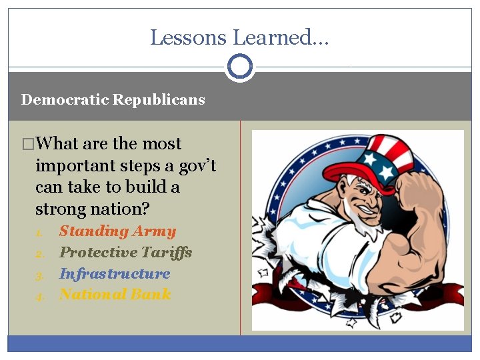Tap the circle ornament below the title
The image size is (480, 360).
tap(240, 67)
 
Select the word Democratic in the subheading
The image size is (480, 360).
tap(65, 100)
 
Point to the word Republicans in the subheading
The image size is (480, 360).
tap(159, 100)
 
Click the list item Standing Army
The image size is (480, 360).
tap(117, 231)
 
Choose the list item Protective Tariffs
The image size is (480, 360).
tap(125, 252)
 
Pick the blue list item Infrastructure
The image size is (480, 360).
tap(115, 273)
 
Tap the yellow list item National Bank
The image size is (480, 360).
tap(115, 294)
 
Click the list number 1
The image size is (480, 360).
tap(39, 233)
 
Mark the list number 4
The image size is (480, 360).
tap(39, 295)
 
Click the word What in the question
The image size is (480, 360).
tap(59, 144)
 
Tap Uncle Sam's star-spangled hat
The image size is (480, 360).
tap(365, 160)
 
